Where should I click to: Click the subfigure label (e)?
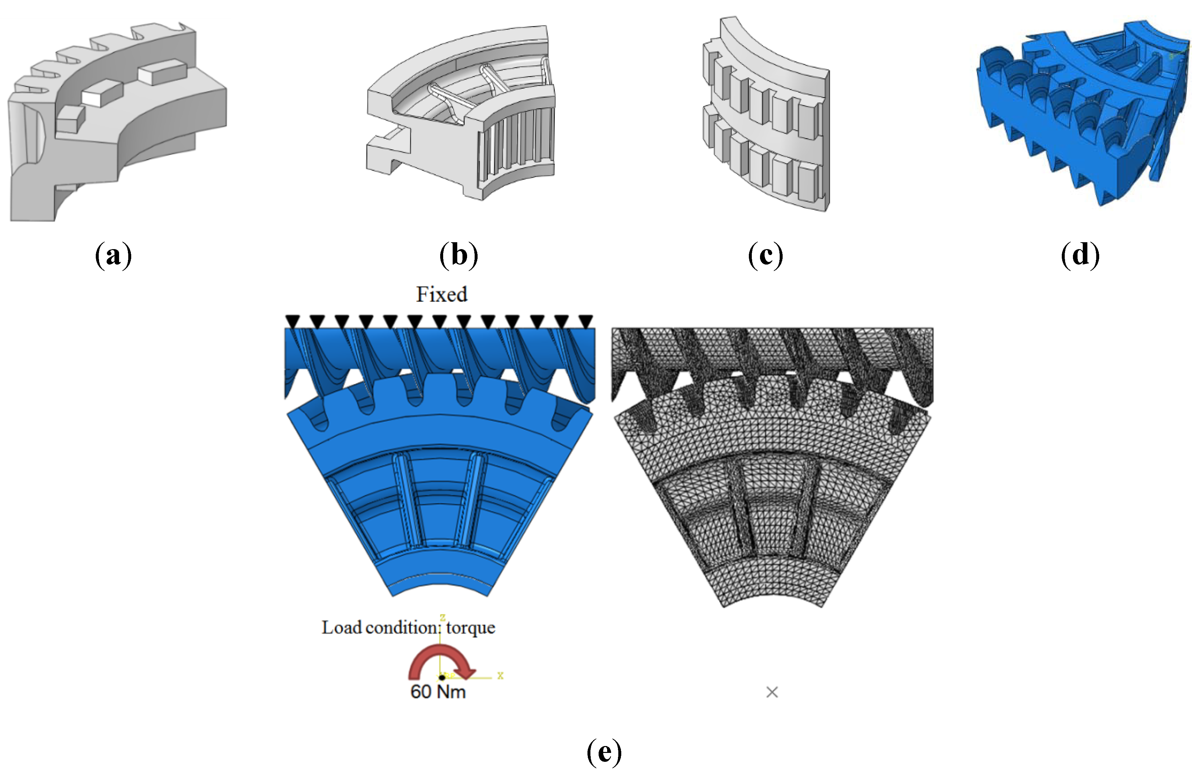(x=604, y=752)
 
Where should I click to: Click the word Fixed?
(x=442, y=295)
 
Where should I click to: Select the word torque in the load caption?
(x=470, y=628)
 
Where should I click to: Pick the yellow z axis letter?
(x=442, y=618)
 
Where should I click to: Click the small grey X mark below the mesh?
(x=772, y=692)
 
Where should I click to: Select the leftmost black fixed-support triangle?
(x=292, y=321)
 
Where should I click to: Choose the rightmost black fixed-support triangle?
(x=586, y=321)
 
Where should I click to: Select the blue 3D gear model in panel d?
(x=1080, y=115)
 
